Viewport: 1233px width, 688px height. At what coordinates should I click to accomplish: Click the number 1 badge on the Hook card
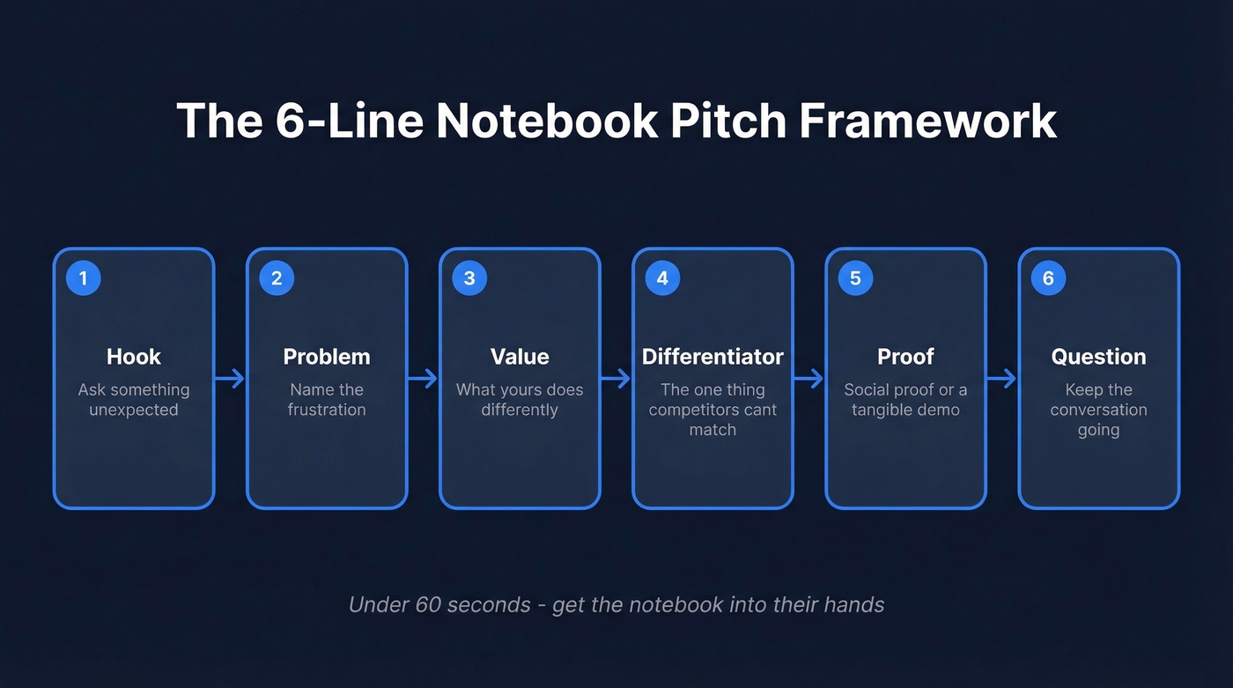(84, 278)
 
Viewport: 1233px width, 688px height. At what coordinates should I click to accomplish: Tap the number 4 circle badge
(662, 278)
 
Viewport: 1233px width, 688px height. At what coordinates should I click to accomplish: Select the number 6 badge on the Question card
(1048, 278)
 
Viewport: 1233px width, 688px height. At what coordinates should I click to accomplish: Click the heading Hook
(134, 357)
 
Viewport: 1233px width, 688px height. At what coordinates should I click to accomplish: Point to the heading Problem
(327, 357)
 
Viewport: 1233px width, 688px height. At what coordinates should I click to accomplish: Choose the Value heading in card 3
(520, 357)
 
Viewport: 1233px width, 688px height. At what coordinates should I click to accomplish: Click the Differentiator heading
(712, 357)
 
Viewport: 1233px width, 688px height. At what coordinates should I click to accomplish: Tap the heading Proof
(905, 357)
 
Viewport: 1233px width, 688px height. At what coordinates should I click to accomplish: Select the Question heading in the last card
(1098, 357)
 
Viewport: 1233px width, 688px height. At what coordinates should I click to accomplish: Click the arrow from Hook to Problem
(230, 379)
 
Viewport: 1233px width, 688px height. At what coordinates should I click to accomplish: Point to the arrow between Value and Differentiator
(616, 379)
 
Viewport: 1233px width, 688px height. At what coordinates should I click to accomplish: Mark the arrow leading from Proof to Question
(1001, 379)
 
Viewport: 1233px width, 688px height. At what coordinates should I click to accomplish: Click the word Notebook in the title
(547, 121)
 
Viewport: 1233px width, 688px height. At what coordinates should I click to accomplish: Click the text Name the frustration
(327, 400)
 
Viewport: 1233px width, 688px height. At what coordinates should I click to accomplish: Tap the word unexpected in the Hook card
(134, 410)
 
